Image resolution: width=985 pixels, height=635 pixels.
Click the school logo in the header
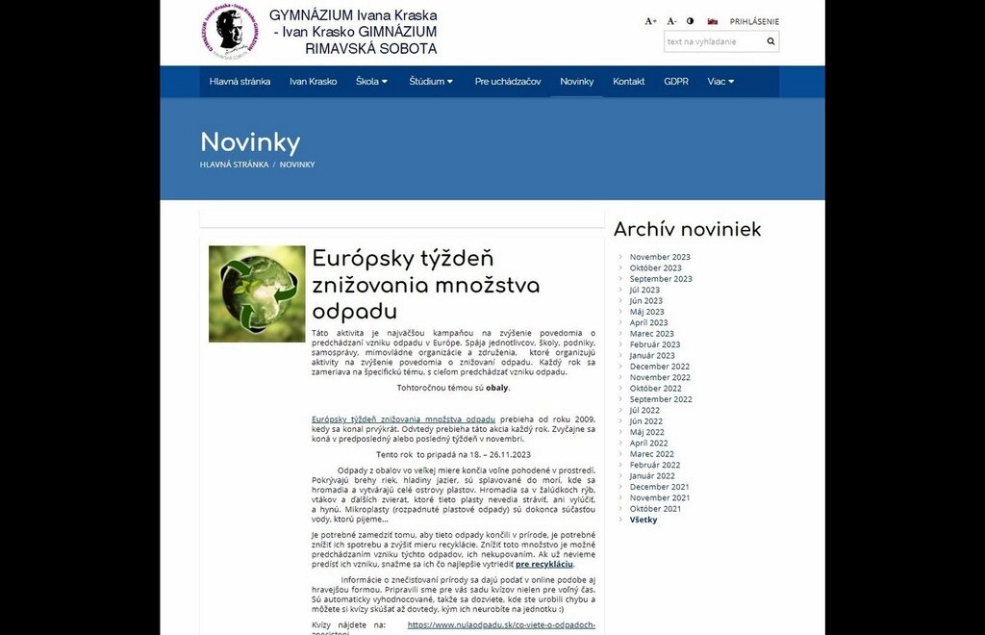pos(229,32)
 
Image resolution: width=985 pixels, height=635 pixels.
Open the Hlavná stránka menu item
pos(240,82)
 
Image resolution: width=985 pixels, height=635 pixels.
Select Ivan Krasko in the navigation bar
pos(313,82)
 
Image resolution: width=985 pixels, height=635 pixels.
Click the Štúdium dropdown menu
pos(430,82)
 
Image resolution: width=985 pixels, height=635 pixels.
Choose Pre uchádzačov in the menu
pos(508,82)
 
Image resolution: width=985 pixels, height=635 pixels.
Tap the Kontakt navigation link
pos(629,82)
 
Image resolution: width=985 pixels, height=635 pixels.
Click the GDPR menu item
pos(676,82)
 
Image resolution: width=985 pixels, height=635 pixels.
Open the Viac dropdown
pos(720,82)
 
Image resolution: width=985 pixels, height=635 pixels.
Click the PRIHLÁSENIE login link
pos(754,21)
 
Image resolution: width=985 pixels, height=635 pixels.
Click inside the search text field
pos(713,41)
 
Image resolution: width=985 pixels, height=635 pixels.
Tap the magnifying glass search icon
pos(770,41)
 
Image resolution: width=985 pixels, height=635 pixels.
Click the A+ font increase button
pos(650,21)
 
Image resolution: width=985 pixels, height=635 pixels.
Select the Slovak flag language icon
pos(713,21)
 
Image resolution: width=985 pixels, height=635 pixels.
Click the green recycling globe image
pos(257,293)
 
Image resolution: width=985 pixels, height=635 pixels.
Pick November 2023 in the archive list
pos(660,257)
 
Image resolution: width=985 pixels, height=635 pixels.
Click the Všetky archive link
pos(644,520)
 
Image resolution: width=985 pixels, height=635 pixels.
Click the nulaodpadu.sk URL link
pos(501,624)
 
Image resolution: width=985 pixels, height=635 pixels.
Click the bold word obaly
pos(496,388)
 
